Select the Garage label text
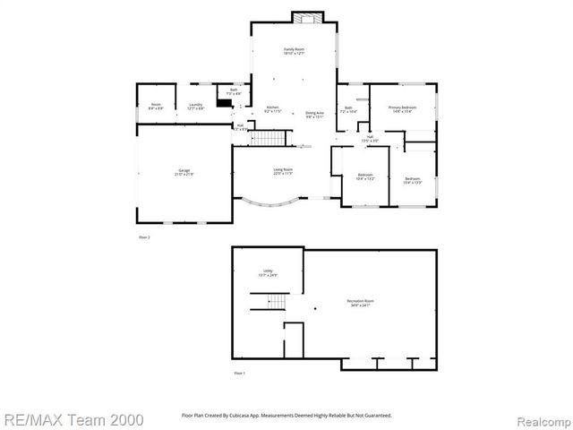click(x=184, y=171)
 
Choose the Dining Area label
click(x=314, y=114)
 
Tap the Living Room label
click(x=283, y=171)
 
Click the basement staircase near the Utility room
click(x=268, y=305)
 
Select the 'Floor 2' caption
click(x=144, y=236)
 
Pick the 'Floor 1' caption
click(x=239, y=372)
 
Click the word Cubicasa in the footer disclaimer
click(x=240, y=416)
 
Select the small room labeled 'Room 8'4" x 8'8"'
click(x=155, y=107)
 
